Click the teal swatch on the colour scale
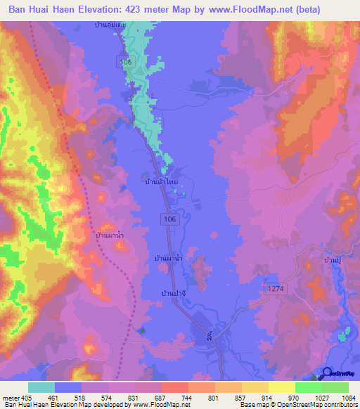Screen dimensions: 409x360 tap(41, 387)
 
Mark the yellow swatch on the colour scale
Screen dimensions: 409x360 tap(282, 387)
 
